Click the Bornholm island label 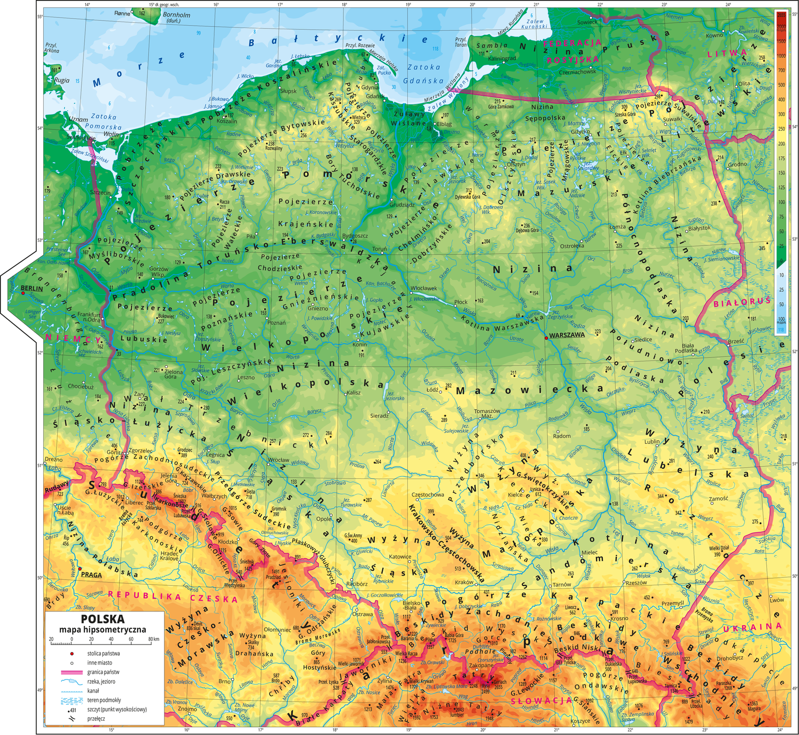click(x=177, y=15)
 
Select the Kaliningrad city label click(x=502, y=59)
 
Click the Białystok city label click(x=700, y=228)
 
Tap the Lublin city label click(x=652, y=442)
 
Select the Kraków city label click(x=464, y=582)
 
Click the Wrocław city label click(x=278, y=460)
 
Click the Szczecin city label click(x=101, y=192)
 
